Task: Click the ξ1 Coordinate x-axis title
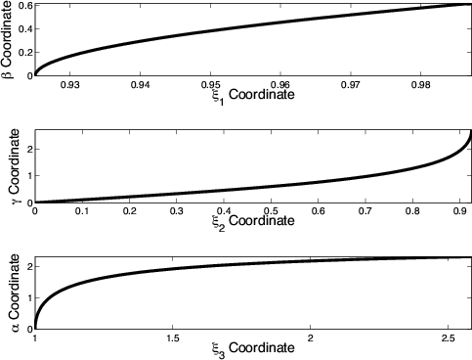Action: [x=236, y=98]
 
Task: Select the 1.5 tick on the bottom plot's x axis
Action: [x=172, y=337]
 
